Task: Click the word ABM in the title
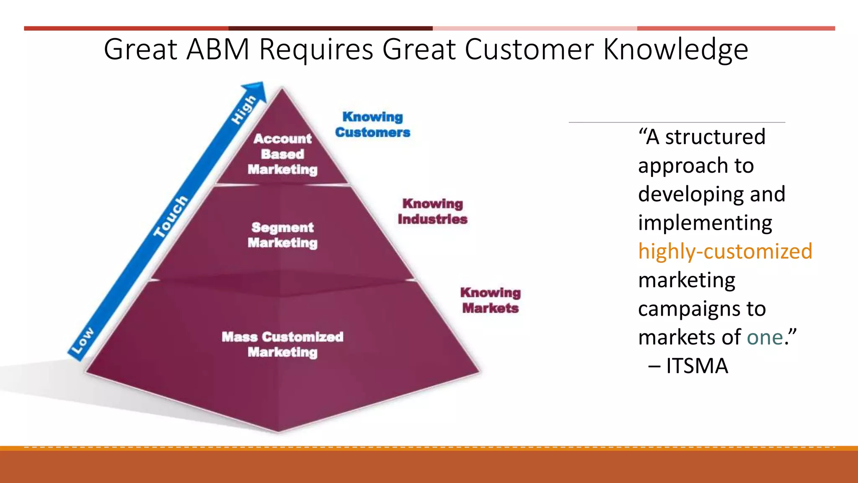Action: click(218, 49)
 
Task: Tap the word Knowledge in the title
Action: click(675, 49)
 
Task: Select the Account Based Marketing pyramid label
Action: click(282, 154)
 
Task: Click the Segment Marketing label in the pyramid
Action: click(282, 235)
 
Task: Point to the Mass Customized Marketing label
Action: click(282, 344)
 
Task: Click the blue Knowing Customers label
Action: click(372, 125)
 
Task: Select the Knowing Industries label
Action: click(432, 211)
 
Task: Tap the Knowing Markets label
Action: click(490, 300)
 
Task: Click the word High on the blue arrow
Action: click(243, 110)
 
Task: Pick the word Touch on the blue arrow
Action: click(171, 216)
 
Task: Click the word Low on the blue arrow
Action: click(83, 340)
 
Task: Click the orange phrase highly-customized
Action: click(725, 251)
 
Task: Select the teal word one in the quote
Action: click(765, 337)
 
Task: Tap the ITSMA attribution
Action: click(697, 366)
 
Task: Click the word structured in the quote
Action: click(715, 137)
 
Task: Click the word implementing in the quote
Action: click(705, 223)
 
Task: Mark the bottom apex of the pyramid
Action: click(278, 431)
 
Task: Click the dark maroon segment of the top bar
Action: click(330, 29)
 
